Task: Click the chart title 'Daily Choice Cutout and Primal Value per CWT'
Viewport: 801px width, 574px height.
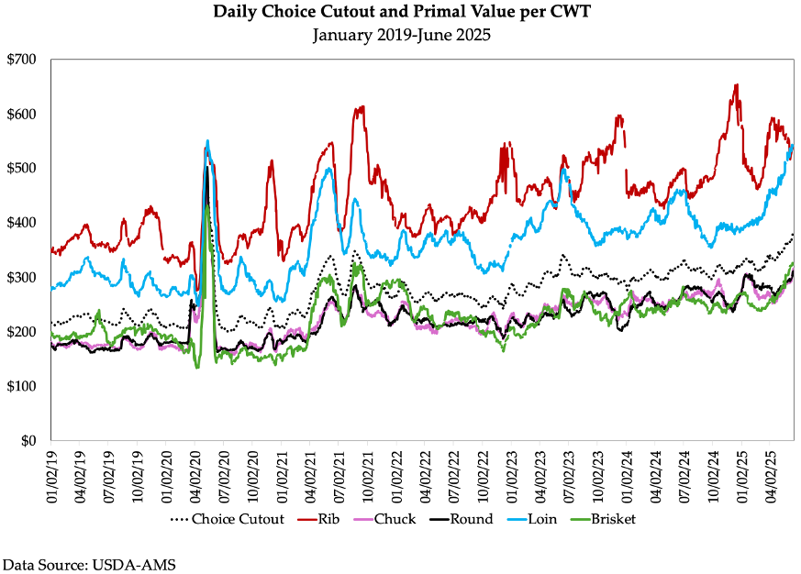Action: [402, 13]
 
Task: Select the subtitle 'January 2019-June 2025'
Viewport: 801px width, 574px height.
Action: [402, 36]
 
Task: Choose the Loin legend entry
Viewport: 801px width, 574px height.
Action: [540, 519]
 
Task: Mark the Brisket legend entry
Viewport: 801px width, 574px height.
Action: [606, 519]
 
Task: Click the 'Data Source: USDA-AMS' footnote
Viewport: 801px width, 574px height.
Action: [89, 564]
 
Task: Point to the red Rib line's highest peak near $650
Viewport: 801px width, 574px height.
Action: [736, 85]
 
